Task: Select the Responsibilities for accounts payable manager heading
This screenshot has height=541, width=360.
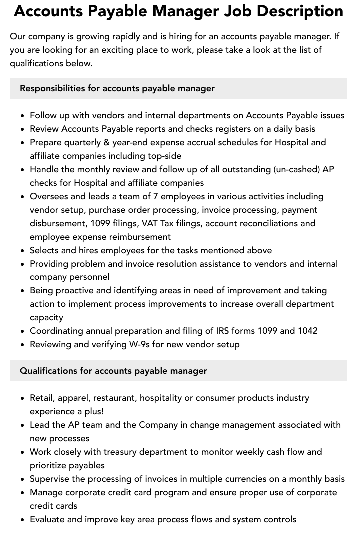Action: click(x=117, y=88)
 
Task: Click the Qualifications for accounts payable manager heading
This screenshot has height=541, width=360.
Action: click(x=113, y=371)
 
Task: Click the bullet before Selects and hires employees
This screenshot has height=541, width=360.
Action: click(x=23, y=251)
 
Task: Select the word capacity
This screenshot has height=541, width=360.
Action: click(x=47, y=317)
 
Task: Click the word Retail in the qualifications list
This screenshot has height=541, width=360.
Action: click(x=42, y=398)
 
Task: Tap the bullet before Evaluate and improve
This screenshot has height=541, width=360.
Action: click(x=23, y=520)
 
